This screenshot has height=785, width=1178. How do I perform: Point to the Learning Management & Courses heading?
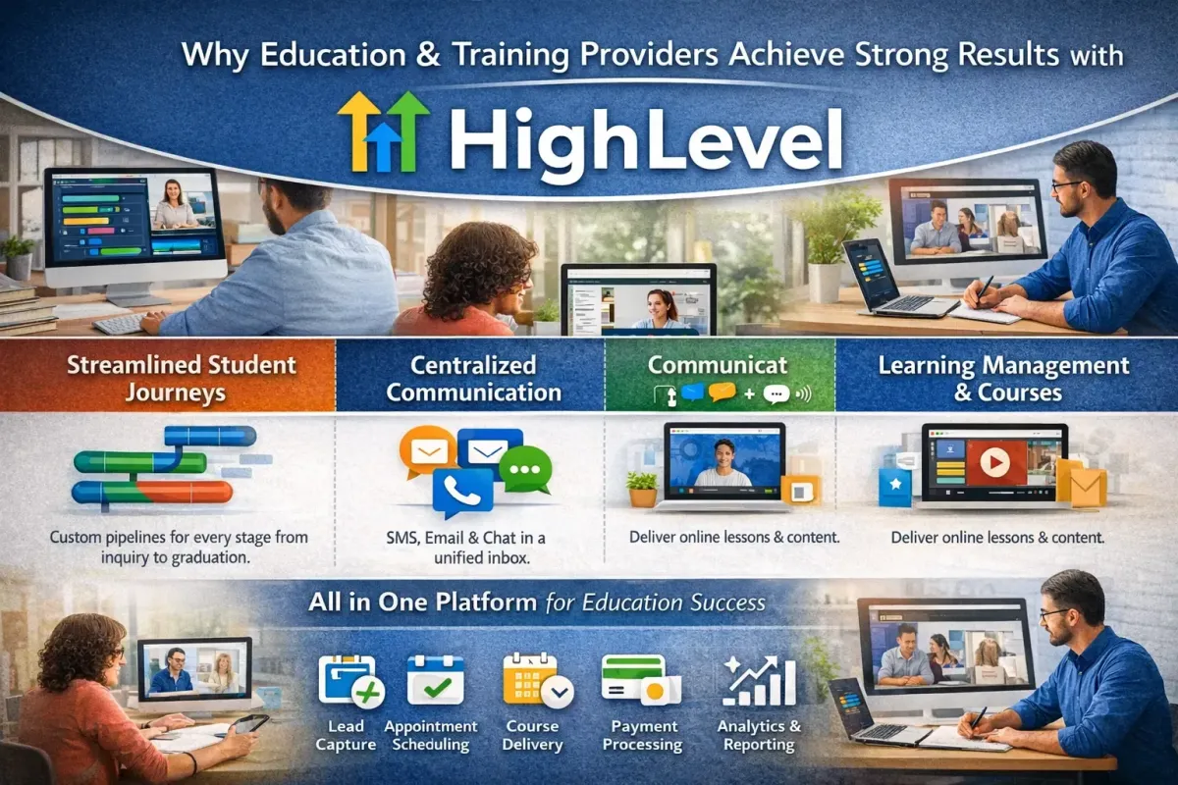coord(1003,379)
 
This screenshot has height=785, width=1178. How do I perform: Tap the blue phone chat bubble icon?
coord(461,491)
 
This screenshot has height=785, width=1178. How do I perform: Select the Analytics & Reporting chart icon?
coord(758,679)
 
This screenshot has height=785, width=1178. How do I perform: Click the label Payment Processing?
coord(643,735)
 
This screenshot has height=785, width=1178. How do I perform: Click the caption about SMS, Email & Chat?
coord(472,548)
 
